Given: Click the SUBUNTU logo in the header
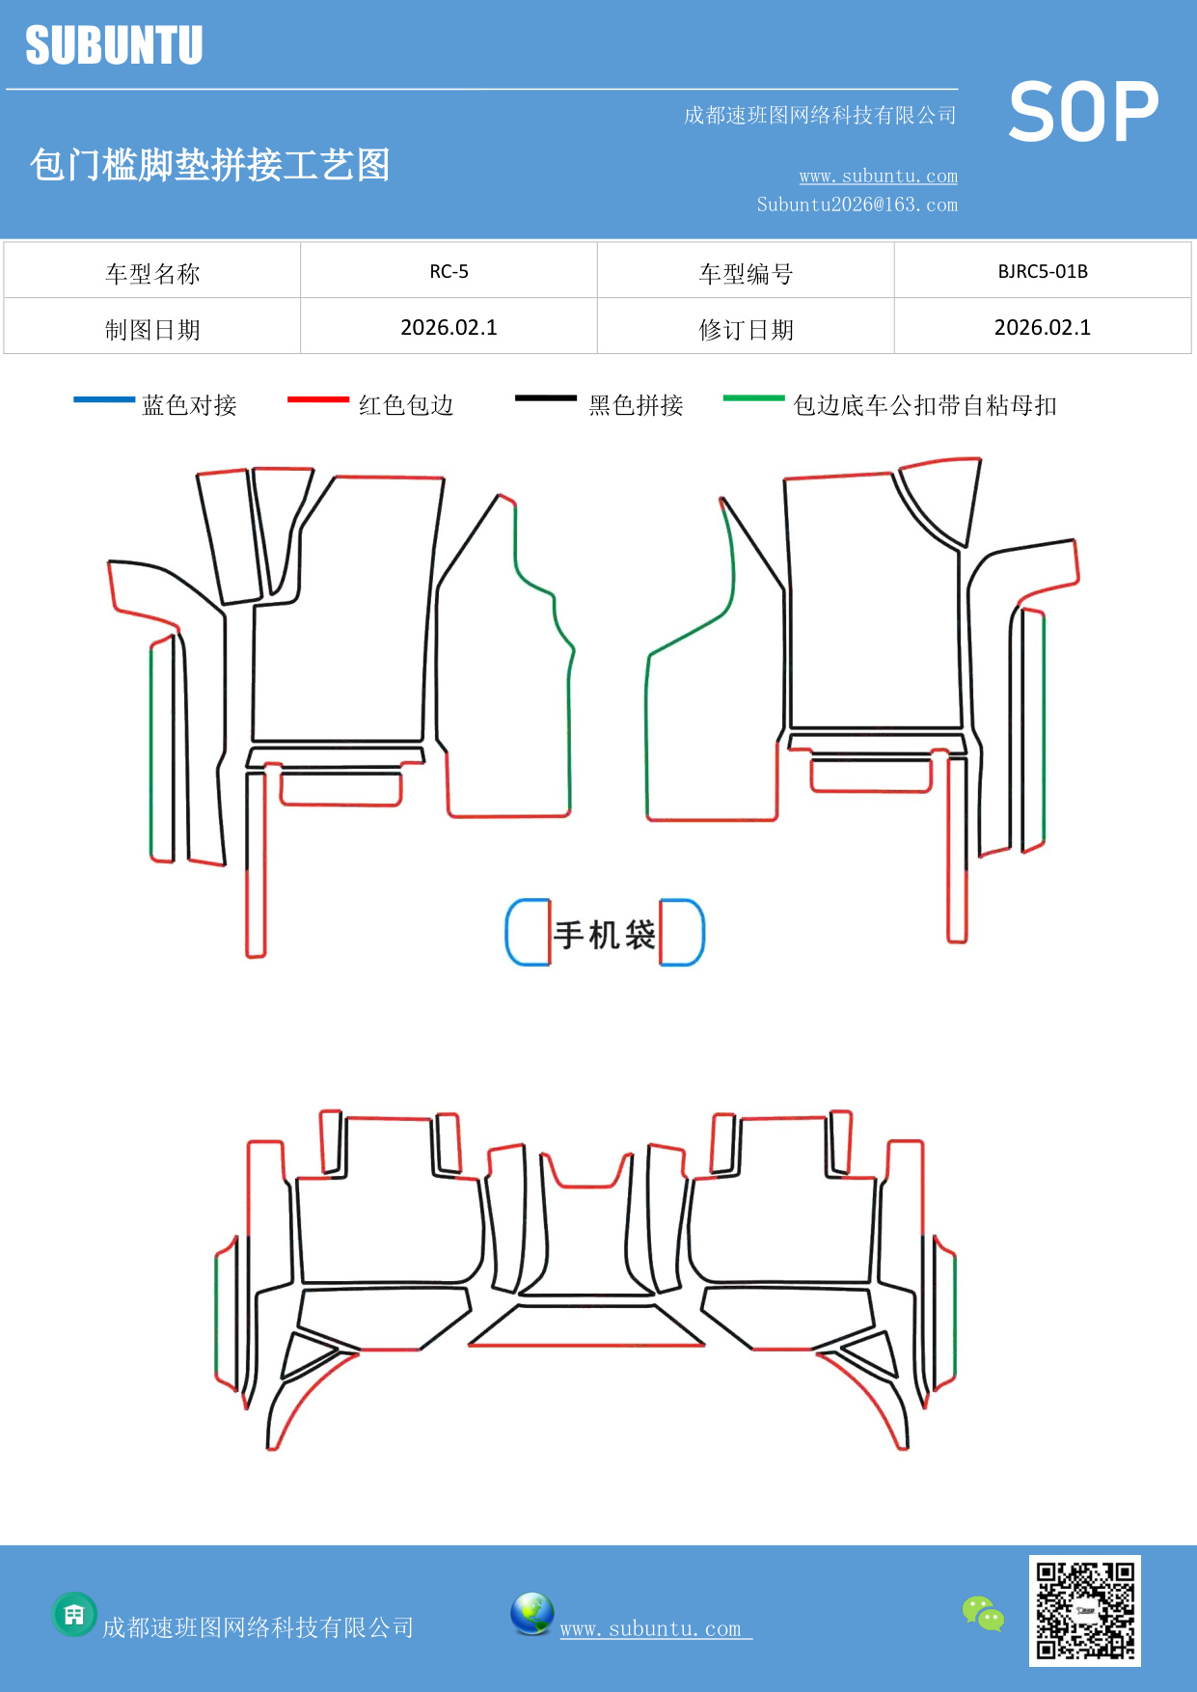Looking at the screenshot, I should [x=114, y=45].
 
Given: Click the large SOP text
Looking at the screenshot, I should [x=1083, y=113].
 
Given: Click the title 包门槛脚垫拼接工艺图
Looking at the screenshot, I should [x=209, y=165].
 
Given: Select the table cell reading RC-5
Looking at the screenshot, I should [x=449, y=271].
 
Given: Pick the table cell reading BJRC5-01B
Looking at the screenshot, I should [x=1043, y=271].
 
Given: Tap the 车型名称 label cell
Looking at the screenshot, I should [x=152, y=273].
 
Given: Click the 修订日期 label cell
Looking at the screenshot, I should [x=746, y=329].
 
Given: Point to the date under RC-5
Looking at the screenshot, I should [x=449, y=328].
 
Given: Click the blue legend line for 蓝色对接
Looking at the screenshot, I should [x=104, y=398].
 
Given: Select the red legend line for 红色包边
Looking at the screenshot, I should [x=318, y=398].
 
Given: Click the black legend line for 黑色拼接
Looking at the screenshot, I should [x=546, y=397].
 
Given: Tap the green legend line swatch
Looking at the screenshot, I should [x=754, y=396].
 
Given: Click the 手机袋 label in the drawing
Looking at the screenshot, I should [x=605, y=934].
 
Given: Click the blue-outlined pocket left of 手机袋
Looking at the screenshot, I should [x=529, y=932].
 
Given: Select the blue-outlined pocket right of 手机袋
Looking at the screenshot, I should [x=682, y=932].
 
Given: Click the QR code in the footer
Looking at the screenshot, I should [x=1084, y=1610].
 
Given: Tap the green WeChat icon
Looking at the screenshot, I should [x=983, y=1613].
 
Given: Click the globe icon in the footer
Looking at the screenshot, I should [x=531, y=1613].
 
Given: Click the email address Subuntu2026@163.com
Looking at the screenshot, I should [x=857, y=205].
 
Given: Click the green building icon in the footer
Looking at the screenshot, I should [x=74, y=1614].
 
